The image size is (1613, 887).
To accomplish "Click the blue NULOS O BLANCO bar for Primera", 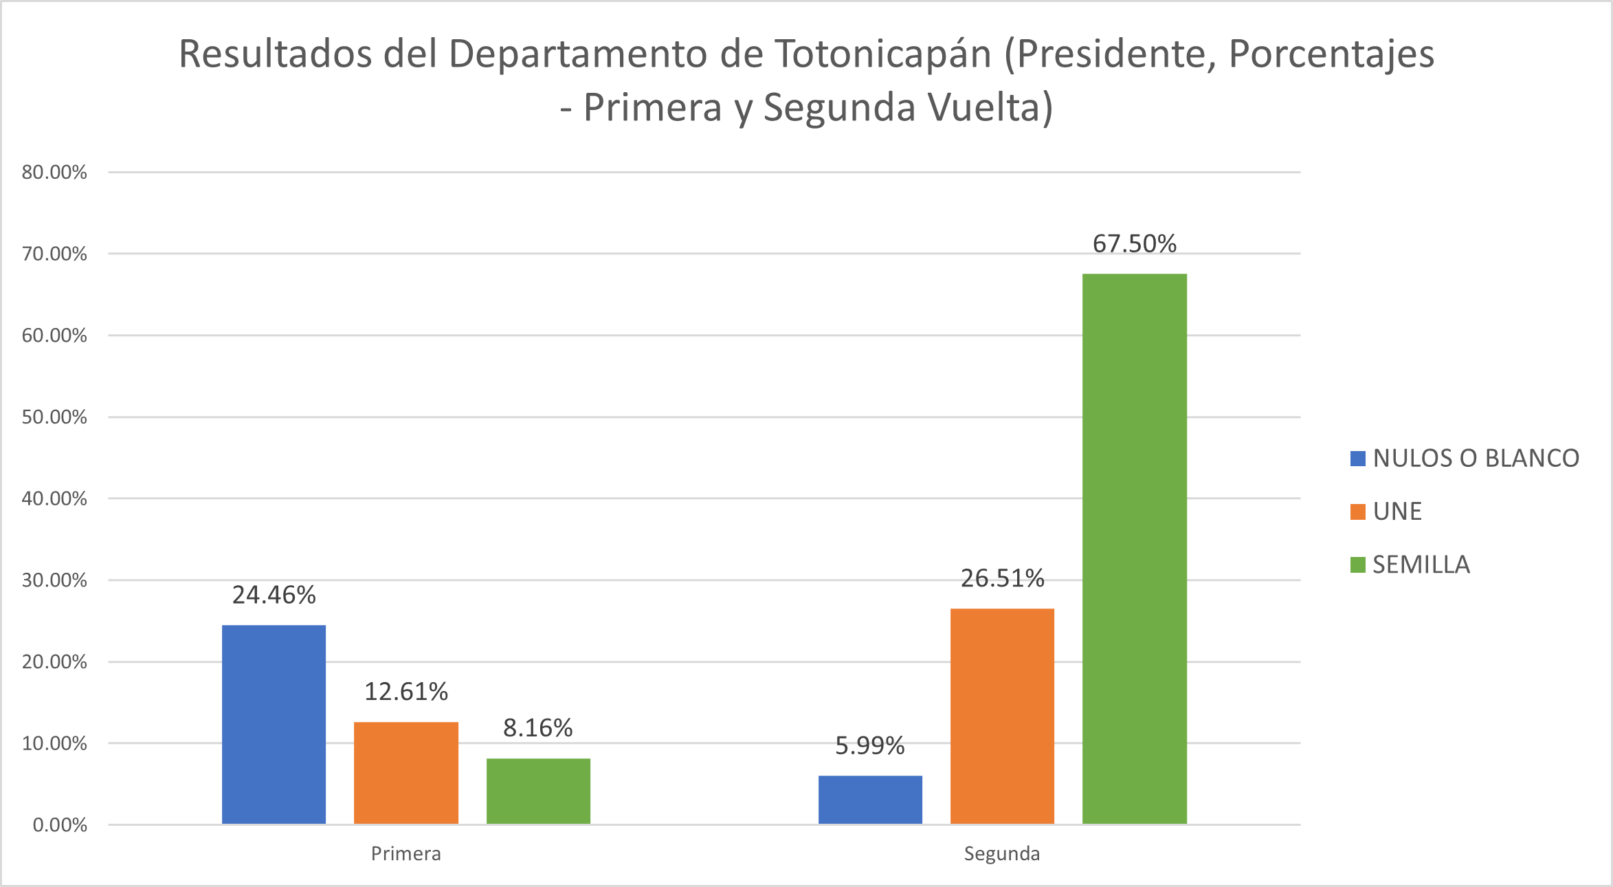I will tap(274, 724).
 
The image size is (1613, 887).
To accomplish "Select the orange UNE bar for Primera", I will tap(405, 772).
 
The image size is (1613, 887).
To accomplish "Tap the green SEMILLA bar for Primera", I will tap(538, 791).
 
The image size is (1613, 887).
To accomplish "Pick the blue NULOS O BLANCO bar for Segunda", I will tap(870, 800).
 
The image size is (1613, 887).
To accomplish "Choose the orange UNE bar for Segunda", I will tap(1002, 716).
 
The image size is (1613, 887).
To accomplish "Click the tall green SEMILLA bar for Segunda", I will tap(1134, 549).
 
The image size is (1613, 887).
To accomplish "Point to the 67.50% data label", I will tap(1134, 244).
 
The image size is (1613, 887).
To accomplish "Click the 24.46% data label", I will tap(274, 595).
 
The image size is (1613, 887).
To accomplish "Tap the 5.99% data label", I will tap(869, 746).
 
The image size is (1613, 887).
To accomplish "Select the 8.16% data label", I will tap(537, 728).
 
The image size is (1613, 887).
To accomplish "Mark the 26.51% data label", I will tap(1002, 579).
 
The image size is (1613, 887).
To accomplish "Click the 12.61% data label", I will tap(405, 692).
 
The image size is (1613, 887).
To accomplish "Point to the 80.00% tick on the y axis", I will tap(54, 173).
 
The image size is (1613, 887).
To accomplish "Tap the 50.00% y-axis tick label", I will tap(54, 417).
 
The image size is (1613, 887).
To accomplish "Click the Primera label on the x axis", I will tap(405, 854).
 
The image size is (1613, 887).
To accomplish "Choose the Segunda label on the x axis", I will tap(1001, 854).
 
